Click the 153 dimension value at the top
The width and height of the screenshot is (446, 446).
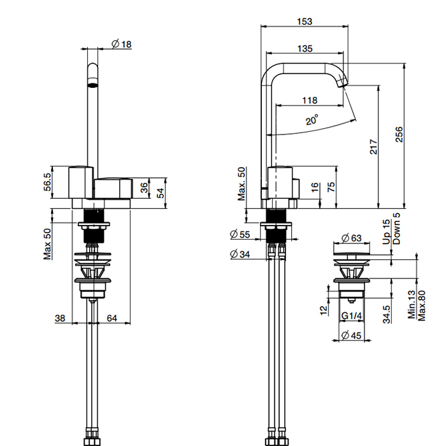305,22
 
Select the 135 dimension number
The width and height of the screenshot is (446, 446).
305,48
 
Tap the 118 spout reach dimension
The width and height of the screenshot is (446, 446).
310,101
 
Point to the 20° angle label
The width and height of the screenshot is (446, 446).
312,120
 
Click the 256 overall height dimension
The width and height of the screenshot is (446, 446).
399,134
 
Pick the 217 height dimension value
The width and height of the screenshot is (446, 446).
373,147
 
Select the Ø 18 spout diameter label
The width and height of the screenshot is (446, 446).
122,44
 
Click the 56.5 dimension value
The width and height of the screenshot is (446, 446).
48,182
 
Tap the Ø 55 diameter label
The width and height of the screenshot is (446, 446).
240,234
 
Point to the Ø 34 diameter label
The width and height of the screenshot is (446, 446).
240,254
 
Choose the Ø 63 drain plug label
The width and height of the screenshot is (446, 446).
351,238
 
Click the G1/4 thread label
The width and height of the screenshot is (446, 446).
352,316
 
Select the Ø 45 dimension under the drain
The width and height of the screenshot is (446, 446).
351,335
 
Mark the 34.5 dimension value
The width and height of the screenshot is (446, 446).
386,314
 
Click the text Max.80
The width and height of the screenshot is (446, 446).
421,305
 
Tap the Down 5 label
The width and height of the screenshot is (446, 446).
396,229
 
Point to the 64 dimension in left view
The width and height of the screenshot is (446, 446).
111,318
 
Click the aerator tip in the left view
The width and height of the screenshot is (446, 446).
92,85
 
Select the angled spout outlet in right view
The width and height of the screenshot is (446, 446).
342,83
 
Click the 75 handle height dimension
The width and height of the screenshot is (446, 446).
331,187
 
